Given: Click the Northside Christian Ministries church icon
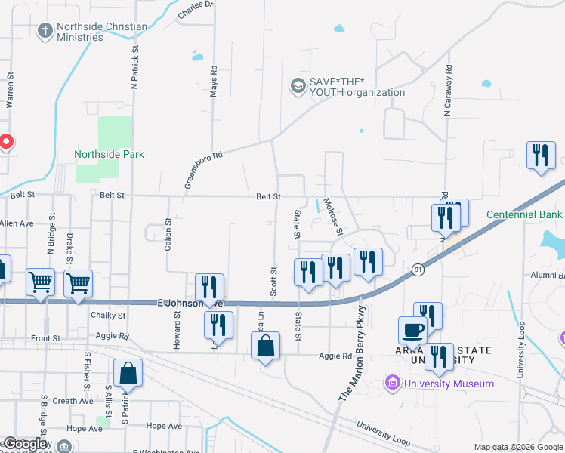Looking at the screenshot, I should point(45,31).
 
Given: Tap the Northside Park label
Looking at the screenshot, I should point(109,154).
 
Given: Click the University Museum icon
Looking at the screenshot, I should point(391,384).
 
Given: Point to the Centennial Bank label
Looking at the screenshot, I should point(525,214).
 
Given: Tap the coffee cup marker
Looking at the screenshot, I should point(412,330).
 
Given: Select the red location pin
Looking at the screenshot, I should point(5,141).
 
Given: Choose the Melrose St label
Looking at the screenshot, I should point(333,216).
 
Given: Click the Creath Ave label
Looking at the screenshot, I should point(73,401).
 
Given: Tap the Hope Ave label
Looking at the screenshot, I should point(84,427).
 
